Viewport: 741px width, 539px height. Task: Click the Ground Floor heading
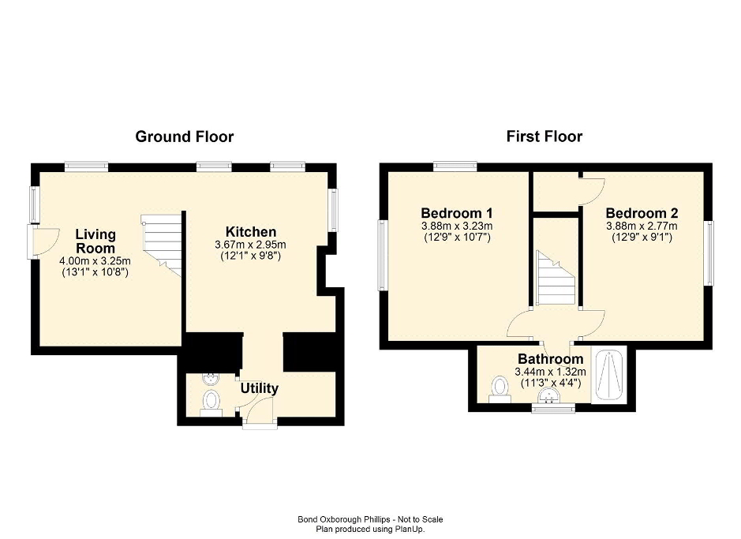coord(185,137)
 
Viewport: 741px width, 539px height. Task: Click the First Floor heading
coord(545,137)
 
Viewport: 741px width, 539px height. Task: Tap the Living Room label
coord(95,241)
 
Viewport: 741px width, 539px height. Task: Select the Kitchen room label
coord(251,232)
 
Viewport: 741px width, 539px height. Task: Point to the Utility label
coord(260,388)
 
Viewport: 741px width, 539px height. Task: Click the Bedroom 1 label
coord(457,212)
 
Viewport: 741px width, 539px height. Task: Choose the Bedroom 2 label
coord(642,212)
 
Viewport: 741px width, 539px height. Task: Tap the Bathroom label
coord(551,359)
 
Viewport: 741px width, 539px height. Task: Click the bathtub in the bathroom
coord(609,375)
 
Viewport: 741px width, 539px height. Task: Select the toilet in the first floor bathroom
coord(500,389)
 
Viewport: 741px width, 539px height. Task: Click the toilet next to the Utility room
coord(211,403)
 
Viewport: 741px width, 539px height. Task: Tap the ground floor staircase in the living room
coord(162,245)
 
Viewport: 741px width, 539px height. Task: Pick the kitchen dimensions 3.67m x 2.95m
coord(250,245)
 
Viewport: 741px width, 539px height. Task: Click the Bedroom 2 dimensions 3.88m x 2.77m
coord(642,226)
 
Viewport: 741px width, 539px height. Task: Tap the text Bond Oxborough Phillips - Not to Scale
coord(371,519)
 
